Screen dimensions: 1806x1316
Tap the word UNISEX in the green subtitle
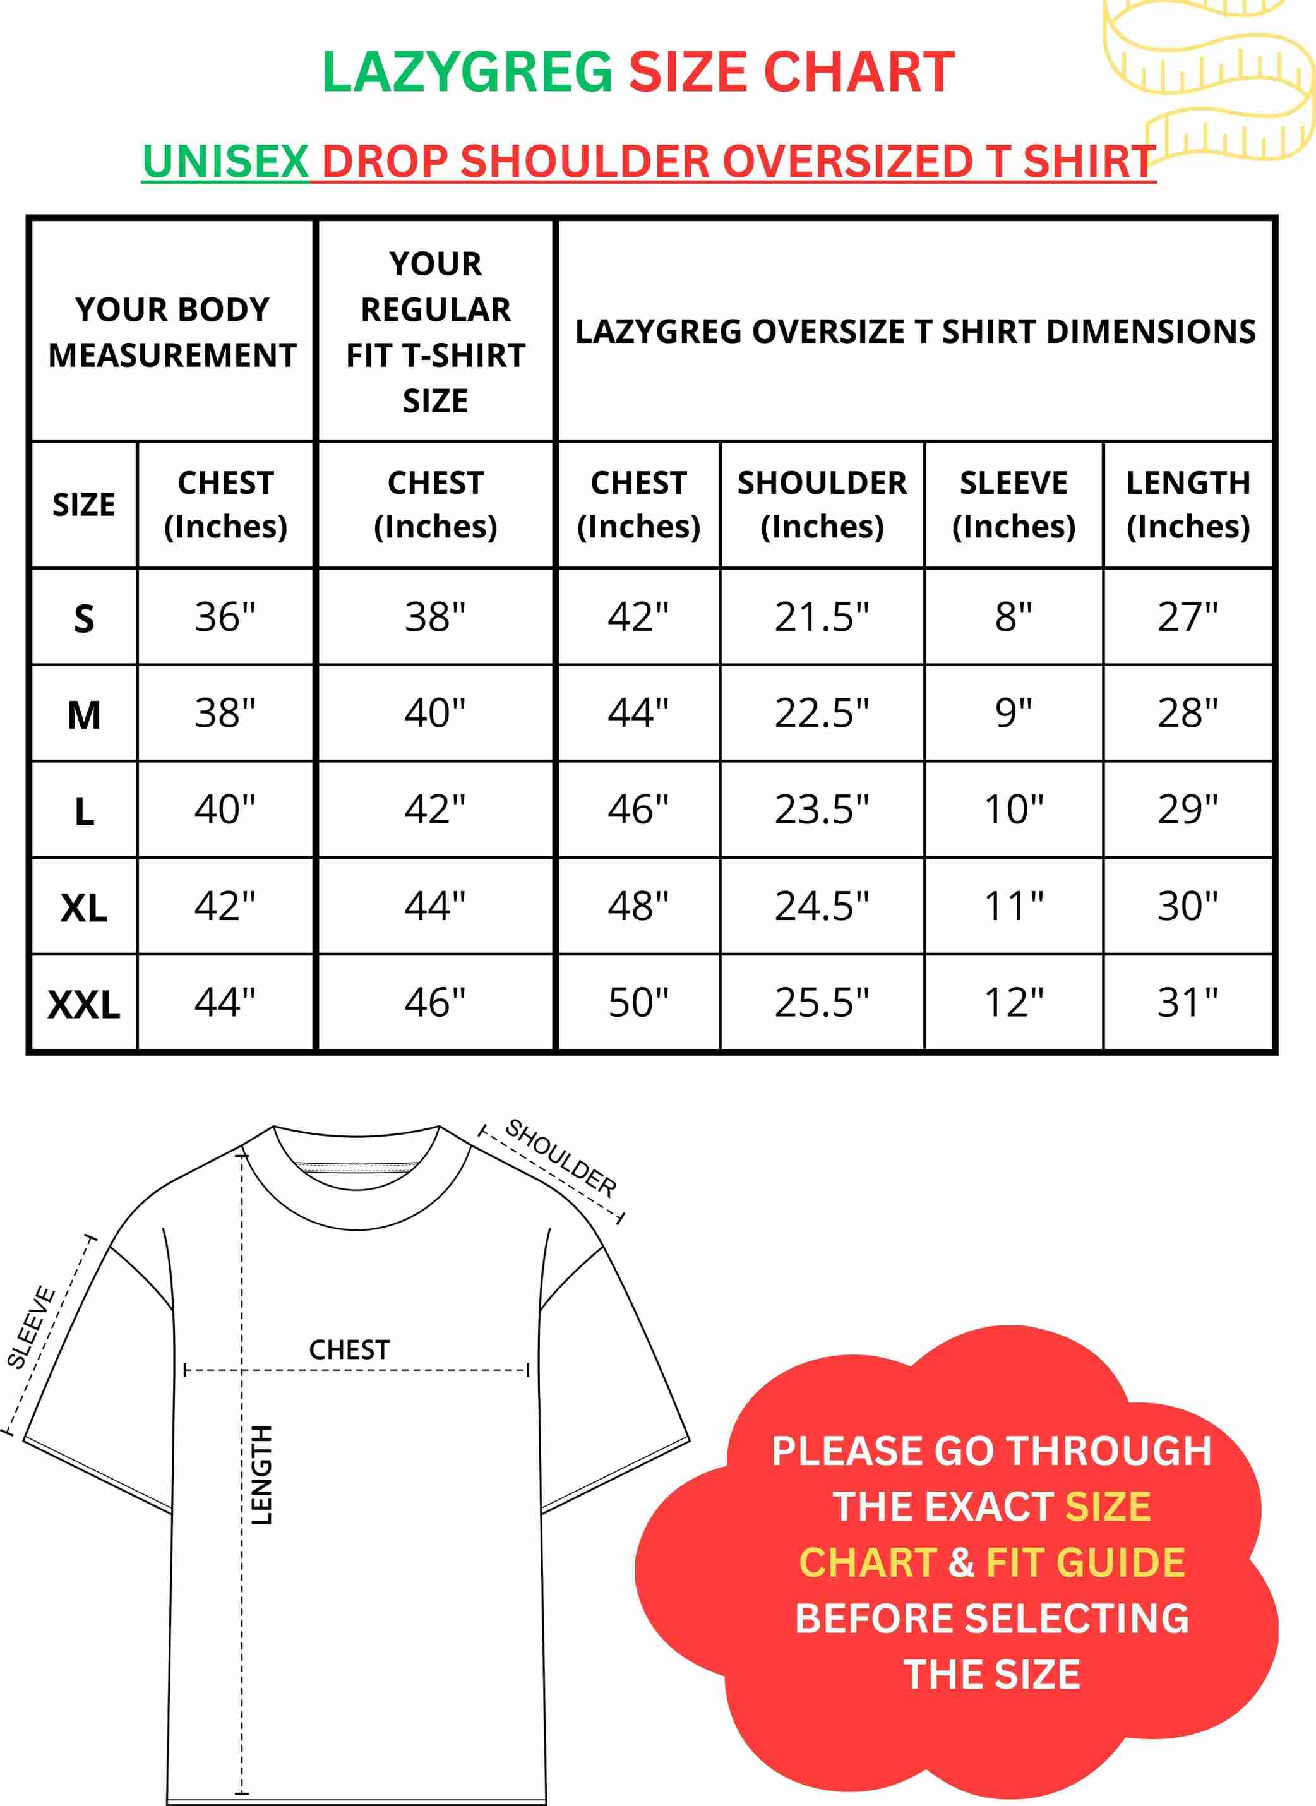225,162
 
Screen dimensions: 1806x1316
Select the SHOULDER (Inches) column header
822,505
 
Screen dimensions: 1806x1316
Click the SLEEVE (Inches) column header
1014,505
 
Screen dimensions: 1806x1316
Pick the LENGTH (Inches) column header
1188,505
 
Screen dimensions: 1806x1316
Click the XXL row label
83,1004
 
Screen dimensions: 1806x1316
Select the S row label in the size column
83,619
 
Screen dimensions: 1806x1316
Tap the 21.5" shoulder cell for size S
822,618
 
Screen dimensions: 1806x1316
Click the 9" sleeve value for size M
1014,713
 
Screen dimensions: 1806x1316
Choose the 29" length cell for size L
1188,810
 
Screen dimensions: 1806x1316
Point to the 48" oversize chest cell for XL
638,906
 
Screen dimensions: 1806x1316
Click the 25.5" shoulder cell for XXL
822,1002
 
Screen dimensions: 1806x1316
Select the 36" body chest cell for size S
225,618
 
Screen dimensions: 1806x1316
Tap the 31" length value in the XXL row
1188,1002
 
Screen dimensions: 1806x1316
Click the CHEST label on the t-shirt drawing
349,1349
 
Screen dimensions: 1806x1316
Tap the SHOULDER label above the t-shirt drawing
561,1157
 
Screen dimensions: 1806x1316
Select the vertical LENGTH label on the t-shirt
261,1474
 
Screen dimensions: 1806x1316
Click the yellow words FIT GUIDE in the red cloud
1085,1562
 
